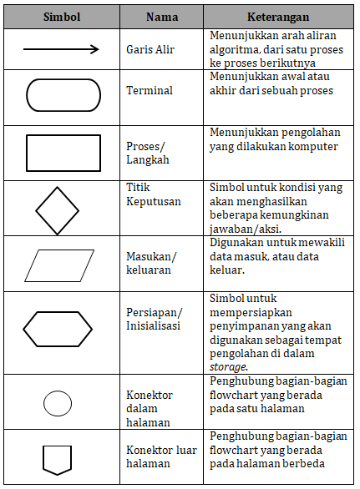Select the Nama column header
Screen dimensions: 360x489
point(162,17)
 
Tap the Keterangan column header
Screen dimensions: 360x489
point(278,17)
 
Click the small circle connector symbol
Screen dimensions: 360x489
point(57,403)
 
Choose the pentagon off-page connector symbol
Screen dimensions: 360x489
point(58,458)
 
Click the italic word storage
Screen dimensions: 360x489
point(229,365)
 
